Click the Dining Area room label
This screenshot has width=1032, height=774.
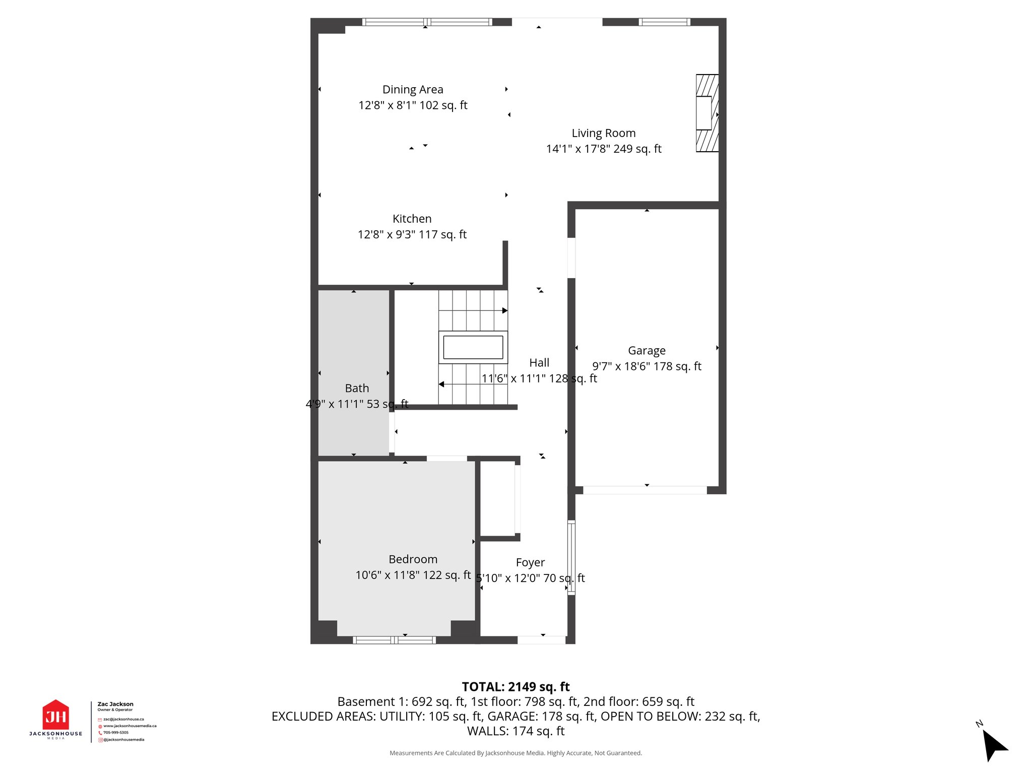[413, 90]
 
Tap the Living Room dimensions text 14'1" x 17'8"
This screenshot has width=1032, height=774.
[604, 149]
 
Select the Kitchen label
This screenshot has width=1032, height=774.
[412, 219]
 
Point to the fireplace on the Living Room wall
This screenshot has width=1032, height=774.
[706, 113]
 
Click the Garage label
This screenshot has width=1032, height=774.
[647, 351]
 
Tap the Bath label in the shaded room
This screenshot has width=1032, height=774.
[357, 389]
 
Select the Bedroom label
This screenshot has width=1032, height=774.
[413, 559]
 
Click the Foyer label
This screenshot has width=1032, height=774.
[530, 562]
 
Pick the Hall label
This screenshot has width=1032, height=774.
[539, 363]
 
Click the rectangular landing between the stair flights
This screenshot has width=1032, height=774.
[473, 347]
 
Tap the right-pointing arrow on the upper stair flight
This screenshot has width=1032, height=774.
[504, 310]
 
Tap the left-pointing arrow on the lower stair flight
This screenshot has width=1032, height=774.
[441, 384]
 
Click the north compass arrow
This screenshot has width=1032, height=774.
[994, 745]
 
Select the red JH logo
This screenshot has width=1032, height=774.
[55, 716]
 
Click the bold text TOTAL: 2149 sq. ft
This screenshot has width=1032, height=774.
[515, 687]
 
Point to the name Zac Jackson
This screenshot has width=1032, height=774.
[115, 704]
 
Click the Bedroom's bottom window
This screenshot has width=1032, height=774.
[394, 640]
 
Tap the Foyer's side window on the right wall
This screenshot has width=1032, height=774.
[571, 557]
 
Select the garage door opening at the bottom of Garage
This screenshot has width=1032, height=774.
[645, 490]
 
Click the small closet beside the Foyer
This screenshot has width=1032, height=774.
[497, 498]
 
